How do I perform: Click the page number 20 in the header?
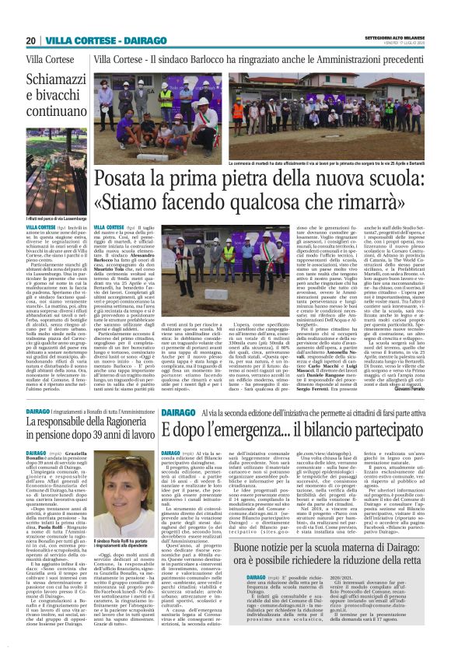pyautogui.click(x=30, y=40)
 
